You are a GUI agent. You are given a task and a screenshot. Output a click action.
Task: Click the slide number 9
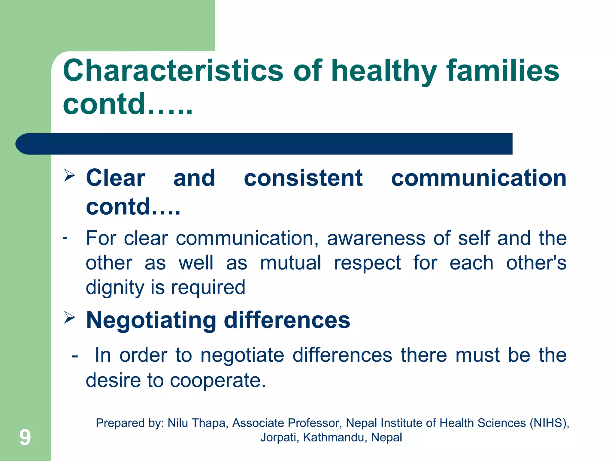click(x=25, y=437)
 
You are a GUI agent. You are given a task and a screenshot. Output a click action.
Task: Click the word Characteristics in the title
click(x=173, y=71)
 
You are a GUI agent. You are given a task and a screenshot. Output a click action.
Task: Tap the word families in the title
click(x=503, y=71)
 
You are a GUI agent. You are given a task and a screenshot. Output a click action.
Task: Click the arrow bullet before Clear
click(x=69, y=175)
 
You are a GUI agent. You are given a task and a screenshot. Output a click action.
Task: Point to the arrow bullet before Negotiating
click(x=69, y=318)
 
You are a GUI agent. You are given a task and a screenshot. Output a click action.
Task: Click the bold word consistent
click(x=303, y=178)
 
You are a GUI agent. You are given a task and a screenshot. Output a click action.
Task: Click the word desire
click(x=113, y=380)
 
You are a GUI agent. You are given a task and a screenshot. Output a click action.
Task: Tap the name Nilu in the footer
click(x=178, y=423)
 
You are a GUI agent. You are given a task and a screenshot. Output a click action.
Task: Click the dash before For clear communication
click(x=65, y=238)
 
